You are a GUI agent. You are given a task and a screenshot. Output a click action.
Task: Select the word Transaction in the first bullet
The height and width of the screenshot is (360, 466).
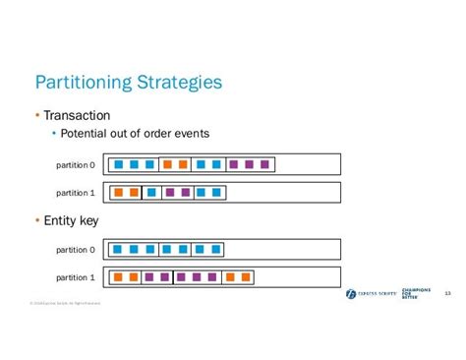[77, 115]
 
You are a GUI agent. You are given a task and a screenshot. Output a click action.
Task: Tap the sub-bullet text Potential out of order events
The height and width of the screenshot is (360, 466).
[135, 134]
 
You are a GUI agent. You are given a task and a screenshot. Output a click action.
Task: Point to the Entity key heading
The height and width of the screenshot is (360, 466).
[71, 219]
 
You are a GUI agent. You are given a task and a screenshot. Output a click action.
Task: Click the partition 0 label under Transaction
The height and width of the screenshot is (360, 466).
[76, 164]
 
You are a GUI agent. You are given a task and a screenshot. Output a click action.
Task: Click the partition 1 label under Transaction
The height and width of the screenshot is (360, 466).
[76, 193]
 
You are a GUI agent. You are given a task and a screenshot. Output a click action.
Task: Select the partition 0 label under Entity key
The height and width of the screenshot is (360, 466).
[76, 250]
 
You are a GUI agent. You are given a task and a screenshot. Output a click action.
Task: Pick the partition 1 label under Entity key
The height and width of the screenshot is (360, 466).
[76, 277]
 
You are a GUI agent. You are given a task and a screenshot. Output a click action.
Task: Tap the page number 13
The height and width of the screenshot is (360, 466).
[447, 293]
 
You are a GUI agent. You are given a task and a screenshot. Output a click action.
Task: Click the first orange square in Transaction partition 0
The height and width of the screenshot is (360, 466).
[168, 164]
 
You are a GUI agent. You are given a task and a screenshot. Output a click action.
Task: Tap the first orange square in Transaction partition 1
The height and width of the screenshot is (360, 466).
[118, 193]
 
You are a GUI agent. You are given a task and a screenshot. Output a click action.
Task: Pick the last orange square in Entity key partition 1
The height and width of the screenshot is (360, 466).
[247, 277]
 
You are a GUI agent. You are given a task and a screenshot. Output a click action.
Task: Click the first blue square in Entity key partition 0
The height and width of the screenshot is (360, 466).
[118, 250]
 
